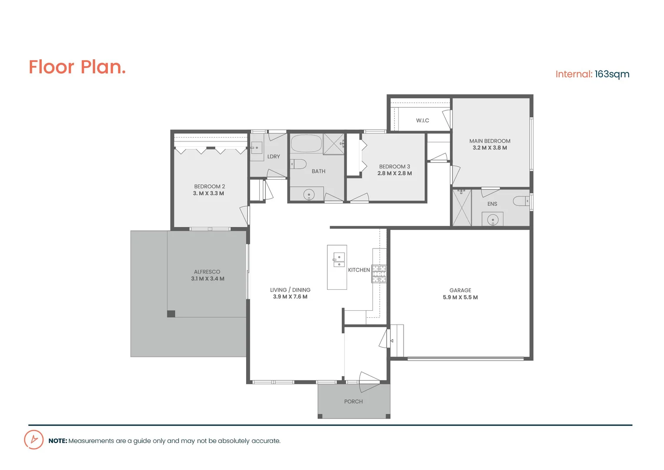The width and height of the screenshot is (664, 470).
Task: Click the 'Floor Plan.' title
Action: tap(77, 67)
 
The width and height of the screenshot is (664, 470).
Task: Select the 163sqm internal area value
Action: tap(612, 74)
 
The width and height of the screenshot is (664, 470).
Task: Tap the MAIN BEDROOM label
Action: tap(490, 141)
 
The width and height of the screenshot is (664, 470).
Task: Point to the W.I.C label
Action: tap(422, 121)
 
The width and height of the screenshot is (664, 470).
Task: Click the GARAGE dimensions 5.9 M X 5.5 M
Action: tap(460, 298)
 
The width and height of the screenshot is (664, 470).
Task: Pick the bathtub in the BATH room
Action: tap(306, 143)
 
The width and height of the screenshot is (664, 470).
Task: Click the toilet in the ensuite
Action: tap(521, 201)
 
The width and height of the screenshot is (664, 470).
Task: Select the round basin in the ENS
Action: tap(492, 220)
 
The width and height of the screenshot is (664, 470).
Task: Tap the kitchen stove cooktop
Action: tap(379, 274)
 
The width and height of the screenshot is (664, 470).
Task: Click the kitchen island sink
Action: tap(339, 260)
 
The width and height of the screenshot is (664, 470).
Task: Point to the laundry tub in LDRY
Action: tap(257, 148)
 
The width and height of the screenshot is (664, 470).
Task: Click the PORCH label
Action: tap(353, 402)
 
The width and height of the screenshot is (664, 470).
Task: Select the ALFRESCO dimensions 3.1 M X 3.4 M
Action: tap(207, 279)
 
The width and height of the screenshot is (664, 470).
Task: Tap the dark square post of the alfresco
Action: tap(171, 314)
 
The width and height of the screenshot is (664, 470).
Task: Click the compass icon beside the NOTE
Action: tap(33, 440)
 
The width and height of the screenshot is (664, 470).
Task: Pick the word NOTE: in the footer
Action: tap(57, 441)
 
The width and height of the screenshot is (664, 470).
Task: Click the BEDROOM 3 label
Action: tap(394, 167)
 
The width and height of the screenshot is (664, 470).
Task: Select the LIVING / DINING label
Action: tap(290, 290)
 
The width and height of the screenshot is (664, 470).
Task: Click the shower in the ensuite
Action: tap(461, 208)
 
